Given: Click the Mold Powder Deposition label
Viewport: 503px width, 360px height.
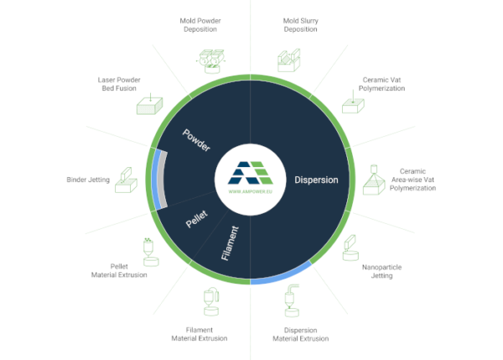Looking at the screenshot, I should tap(199, 24).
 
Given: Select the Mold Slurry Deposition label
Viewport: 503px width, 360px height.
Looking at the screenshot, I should tap(301, 24).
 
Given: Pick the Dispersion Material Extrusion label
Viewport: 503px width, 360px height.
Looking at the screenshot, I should tap(300, 334).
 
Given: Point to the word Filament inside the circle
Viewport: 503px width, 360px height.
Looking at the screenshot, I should tap(233, 243).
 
